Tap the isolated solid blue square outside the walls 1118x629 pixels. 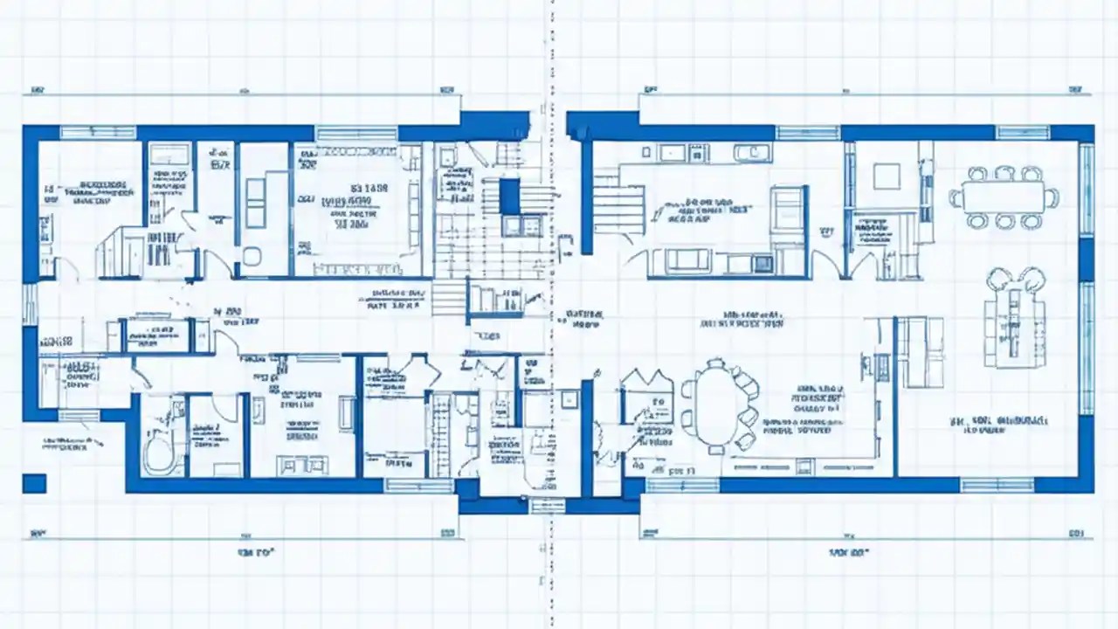(x=34, y=483)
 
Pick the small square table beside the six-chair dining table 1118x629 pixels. (x=886, y=176)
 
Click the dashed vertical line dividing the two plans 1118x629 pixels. (x=550, y=314)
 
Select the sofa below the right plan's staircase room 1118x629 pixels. (x=688, y=259)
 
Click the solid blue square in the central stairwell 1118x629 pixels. (x=509, y=196)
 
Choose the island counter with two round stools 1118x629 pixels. (x=1013, y=319)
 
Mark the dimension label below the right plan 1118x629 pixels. (x=847, y=553)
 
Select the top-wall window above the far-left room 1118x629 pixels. (x=98, y=133)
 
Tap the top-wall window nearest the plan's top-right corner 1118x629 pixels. (x=1022, y=133)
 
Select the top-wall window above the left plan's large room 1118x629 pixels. (x=355, y=133)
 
